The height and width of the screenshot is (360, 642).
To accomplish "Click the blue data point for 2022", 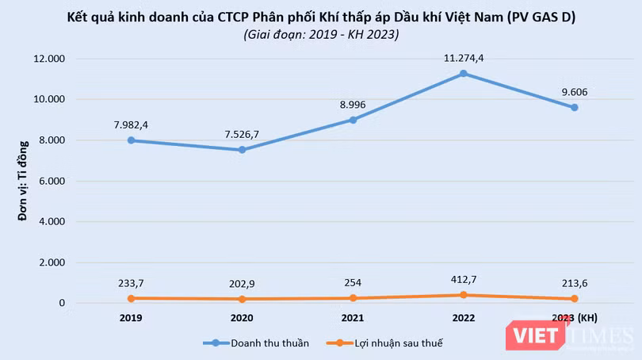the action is tap(464, 74).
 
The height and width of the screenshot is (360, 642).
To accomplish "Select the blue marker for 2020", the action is tap(242, 150).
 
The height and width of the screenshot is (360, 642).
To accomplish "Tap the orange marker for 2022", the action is tap(464, 295).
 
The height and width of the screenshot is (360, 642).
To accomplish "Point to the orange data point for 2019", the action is tap(131, 299).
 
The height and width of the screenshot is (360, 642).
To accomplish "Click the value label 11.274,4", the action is tap(464, 58).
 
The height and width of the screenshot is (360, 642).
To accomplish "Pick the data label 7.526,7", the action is tap(242, 135).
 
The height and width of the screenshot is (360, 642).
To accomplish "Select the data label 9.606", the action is tap(575, 92).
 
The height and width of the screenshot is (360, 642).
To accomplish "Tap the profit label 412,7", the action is tap(464, 280).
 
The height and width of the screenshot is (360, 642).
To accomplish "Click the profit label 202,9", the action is tap(242, 284).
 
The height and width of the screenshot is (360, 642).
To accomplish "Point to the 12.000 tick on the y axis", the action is tap(49, 59).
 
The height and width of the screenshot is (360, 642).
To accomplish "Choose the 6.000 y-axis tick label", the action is tap(52, 181).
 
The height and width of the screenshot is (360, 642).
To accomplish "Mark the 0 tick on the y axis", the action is tap(62, 303).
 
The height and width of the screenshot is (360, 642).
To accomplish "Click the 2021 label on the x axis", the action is tap(353, 318).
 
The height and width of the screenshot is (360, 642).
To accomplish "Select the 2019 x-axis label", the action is tap(131, 318).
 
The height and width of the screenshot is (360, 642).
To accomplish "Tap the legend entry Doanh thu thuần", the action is tap(256, 343).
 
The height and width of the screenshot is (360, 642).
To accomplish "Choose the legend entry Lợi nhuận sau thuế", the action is tap(384, 343).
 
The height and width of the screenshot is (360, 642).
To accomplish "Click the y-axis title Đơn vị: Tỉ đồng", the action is tap(23, 181).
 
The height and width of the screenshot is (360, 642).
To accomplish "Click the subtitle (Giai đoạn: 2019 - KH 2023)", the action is tap(322, 34).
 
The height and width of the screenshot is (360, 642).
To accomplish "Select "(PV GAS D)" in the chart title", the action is tap(541, 17).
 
